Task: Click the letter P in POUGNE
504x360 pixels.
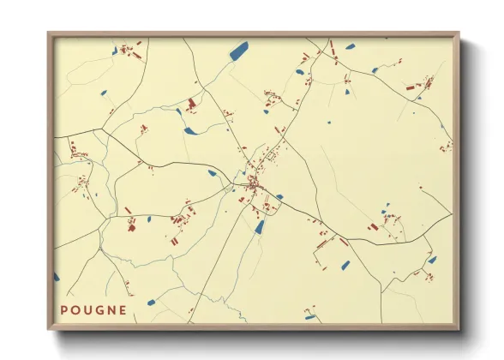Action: pyautogui.click(x=65, y=310)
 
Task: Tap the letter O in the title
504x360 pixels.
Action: pyautogui.click(x=78, y=310)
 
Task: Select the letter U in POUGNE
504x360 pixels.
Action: pyautogui.click(x=90, y=310)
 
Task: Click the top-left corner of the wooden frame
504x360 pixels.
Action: pyautogui.click(x=48, y=33)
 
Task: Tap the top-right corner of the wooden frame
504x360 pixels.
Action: pyautogui.click(x=459, y=33)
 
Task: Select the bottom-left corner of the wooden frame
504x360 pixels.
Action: pyautogui.click(x=48, y=330)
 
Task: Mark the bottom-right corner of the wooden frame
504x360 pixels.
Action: pyautogui.click(x=459, y=330)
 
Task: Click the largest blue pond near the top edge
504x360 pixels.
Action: pyautogui.click(x=238, y=51)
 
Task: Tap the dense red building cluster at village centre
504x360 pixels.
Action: pyautogui.click(x=254, y=183)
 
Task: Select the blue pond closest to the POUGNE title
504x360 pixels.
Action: pyautogui.click(x=151, y=302)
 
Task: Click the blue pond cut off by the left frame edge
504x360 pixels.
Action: pyautogui.click(x=57, y=277)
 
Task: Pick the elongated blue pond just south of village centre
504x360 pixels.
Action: pyautogui.click(x=259, y=226)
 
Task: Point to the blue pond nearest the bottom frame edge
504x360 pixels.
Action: pyautogui.click(x=309, y=317)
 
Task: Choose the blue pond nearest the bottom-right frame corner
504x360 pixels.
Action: pyautogui.click(x=432, y=260)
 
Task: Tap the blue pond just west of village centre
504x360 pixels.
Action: pyautogui.click(x=212, y=173)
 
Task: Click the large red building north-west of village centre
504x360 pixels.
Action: pyautogui.click(x=190, y=105)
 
